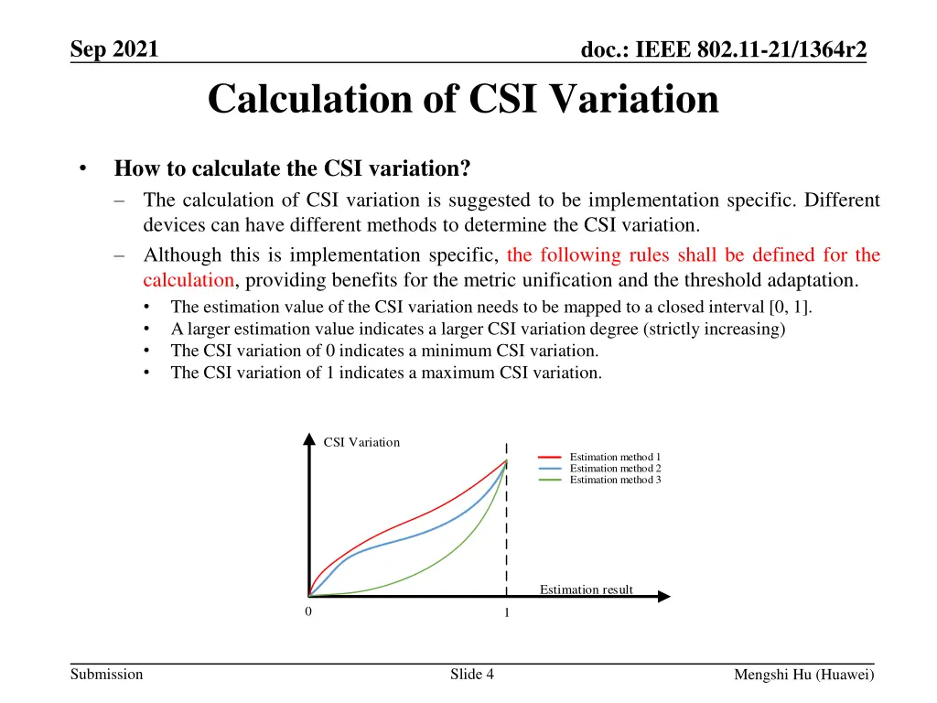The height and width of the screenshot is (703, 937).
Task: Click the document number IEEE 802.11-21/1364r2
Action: click(724, 50)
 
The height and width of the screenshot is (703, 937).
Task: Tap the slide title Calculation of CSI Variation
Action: click(463, 99)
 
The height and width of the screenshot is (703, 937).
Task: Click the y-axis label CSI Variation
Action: click(361, 442)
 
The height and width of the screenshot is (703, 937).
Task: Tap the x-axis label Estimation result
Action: click(586, 589)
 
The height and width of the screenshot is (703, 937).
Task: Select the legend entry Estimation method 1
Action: click(615, 457)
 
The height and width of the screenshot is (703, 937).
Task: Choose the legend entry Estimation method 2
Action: click(615, 468)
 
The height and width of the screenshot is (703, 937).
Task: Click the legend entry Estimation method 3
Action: click(615, 480)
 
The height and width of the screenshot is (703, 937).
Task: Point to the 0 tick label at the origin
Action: click(308, 611)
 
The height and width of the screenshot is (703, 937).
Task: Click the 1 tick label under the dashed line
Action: click(506, 613)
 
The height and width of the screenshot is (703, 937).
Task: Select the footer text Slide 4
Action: click(472, 675)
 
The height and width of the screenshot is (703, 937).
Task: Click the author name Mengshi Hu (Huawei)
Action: click(804, 676)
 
